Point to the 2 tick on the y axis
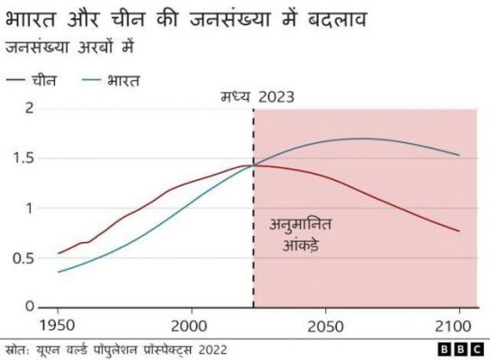(x=29, y=109)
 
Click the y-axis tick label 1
(x=29, y=208)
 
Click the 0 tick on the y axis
(x=29, y=308)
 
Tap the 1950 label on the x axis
(x=59, y=324)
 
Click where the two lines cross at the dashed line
(x=253, y=164)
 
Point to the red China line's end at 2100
(x=459, y=231)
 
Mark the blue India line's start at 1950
(x=59, y=272)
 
